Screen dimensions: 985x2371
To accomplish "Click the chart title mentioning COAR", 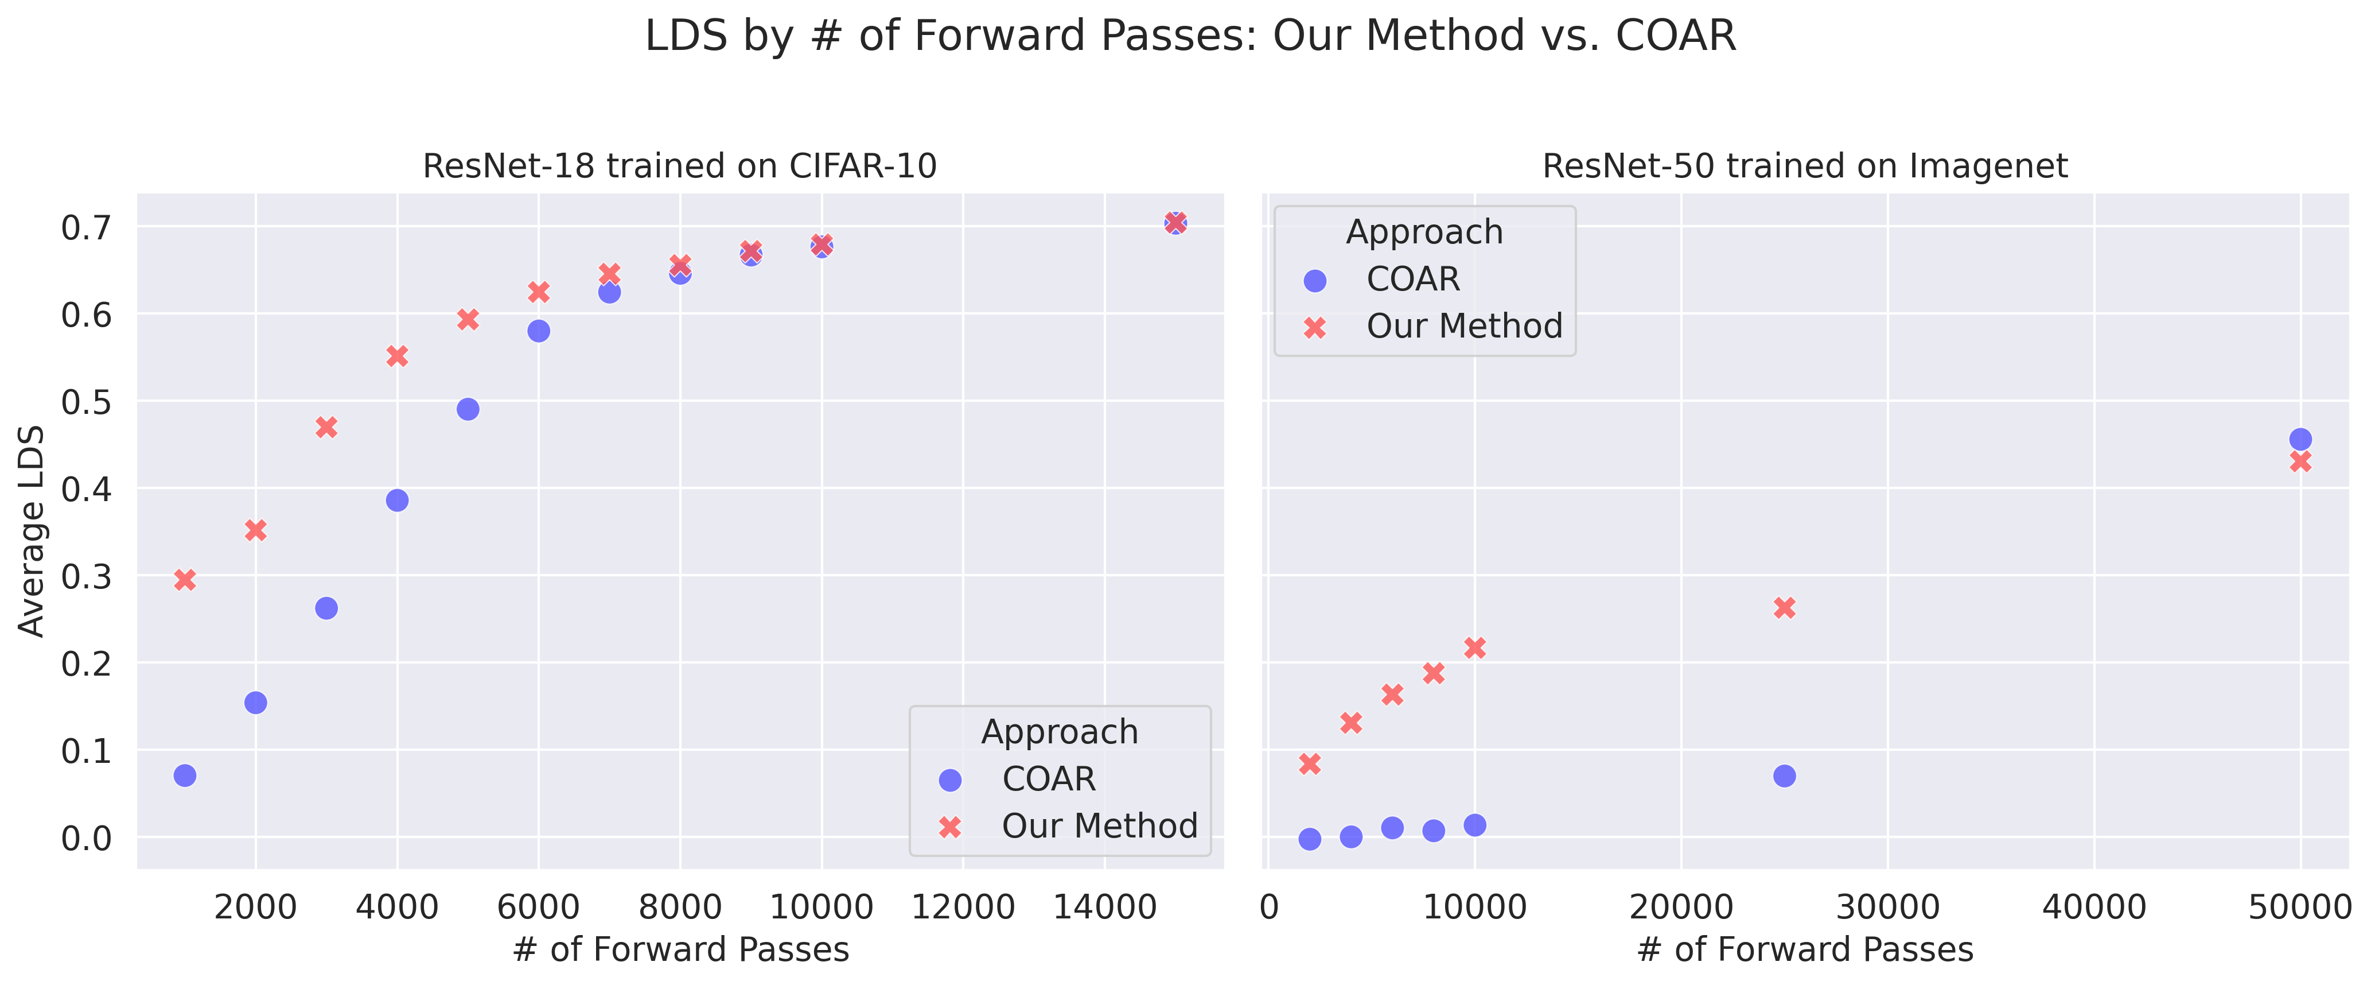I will (1190, 37).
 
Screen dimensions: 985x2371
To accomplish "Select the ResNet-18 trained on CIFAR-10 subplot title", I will (679, 166).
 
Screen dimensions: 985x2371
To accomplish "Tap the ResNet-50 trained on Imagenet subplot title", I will (1805, 166).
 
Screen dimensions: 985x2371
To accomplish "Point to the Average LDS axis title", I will (32, 531).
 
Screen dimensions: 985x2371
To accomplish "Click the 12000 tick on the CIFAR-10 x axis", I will (963, 908).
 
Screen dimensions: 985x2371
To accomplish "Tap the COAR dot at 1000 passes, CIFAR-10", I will (185, 775).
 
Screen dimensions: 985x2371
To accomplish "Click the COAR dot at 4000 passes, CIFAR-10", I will (397, 501).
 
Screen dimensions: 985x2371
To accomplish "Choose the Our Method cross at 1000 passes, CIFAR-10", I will (185, 580).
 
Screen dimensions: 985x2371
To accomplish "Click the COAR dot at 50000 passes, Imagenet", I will (2300, 439).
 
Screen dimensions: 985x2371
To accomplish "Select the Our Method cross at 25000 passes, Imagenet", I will (1784, 607).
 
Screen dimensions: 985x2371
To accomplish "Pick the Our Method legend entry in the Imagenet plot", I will (1463, 327).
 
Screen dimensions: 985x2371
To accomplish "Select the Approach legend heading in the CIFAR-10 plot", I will (1060, 732).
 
